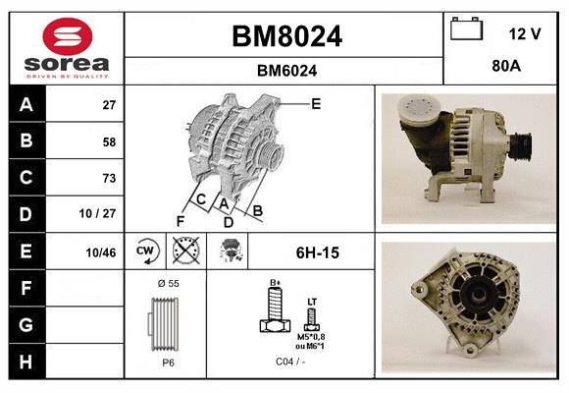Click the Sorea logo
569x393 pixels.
[66, 48]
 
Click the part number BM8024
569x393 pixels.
[285, 36]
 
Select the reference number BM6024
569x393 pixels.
[285, 70]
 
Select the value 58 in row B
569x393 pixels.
[108, 141]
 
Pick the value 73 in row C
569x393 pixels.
[108, 178]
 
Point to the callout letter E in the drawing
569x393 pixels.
[316, 102]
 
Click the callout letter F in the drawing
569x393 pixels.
[180, 220]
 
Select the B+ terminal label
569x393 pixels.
[276, 282]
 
